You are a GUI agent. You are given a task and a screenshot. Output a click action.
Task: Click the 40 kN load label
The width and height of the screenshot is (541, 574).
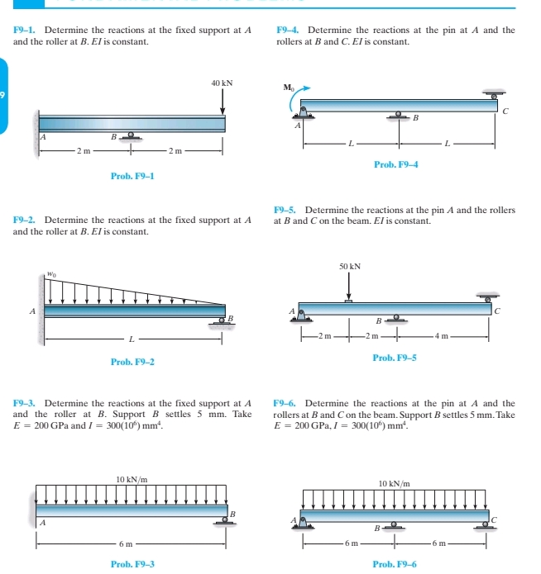[222, 83]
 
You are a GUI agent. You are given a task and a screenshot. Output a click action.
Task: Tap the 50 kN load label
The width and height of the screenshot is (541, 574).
[350, 267]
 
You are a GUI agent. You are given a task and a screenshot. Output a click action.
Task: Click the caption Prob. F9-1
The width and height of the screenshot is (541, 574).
[132, 176]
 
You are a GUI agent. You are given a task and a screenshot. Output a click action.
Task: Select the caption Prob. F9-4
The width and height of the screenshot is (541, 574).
[396, 165]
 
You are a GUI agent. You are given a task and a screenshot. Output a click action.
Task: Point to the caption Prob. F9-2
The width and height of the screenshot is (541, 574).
[132, 362]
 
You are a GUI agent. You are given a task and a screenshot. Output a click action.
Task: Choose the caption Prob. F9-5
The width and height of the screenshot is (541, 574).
[395, 358]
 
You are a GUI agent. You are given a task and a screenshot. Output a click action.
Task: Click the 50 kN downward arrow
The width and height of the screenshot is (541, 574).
[349, 287]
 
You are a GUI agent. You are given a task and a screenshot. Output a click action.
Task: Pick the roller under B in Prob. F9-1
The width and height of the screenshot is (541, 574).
[130, 135]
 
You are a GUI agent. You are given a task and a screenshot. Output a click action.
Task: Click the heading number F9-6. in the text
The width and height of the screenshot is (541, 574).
[286, 403]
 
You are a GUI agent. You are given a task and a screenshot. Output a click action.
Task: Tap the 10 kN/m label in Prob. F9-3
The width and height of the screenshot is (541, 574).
[132, 479]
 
